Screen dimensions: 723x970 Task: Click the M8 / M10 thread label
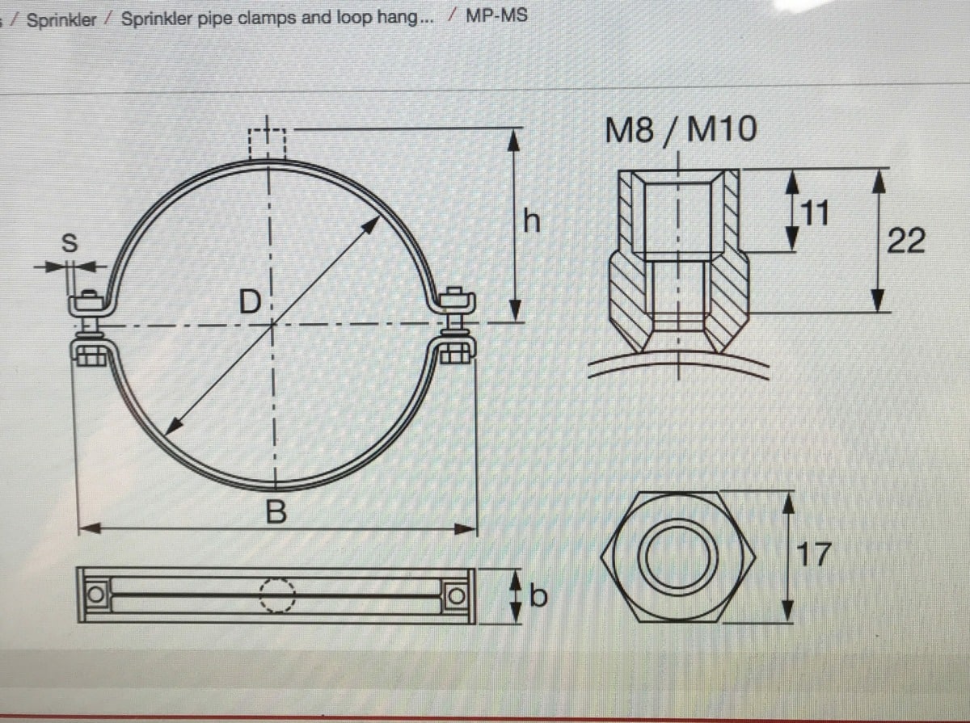[681, 129]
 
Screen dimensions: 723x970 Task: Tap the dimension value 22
[906, 240]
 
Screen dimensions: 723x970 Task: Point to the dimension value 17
[814, 555]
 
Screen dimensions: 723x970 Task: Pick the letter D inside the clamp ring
[251, 302]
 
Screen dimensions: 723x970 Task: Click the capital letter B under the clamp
[276, 512]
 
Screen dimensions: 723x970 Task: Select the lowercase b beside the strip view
[538, 597]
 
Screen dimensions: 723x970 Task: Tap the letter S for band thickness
[70, 242]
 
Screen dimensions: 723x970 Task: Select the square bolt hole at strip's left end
[95, 595]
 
